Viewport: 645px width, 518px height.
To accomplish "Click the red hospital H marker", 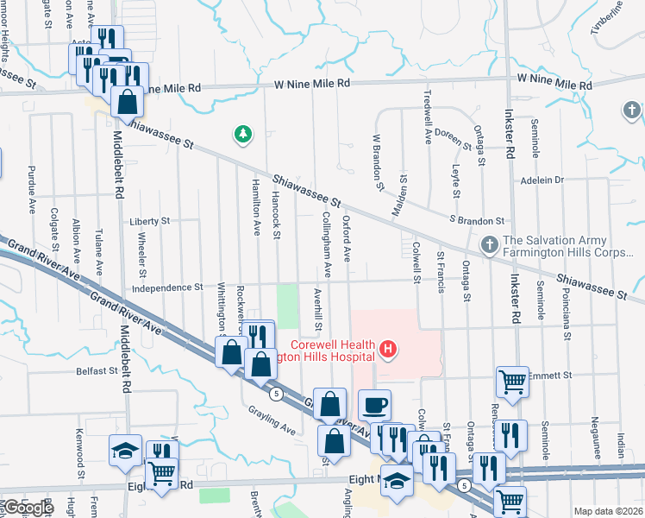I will [x=388, y=350].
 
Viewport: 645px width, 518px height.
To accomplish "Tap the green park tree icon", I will [x=244, y=134].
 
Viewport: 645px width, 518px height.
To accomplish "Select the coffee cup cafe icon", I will [x=374, y=405].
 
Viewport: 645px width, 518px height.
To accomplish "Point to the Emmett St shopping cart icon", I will [x=512, y=381].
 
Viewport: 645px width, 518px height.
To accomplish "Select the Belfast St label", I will [x=96, y=371].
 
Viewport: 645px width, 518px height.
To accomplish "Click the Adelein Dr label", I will [x=542, y=180].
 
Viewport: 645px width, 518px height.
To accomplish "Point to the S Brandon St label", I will [x=477, y=221].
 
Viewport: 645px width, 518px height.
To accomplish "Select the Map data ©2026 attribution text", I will [x=607, y=511].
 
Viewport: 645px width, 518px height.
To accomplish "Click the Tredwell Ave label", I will [x=427, y=116].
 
